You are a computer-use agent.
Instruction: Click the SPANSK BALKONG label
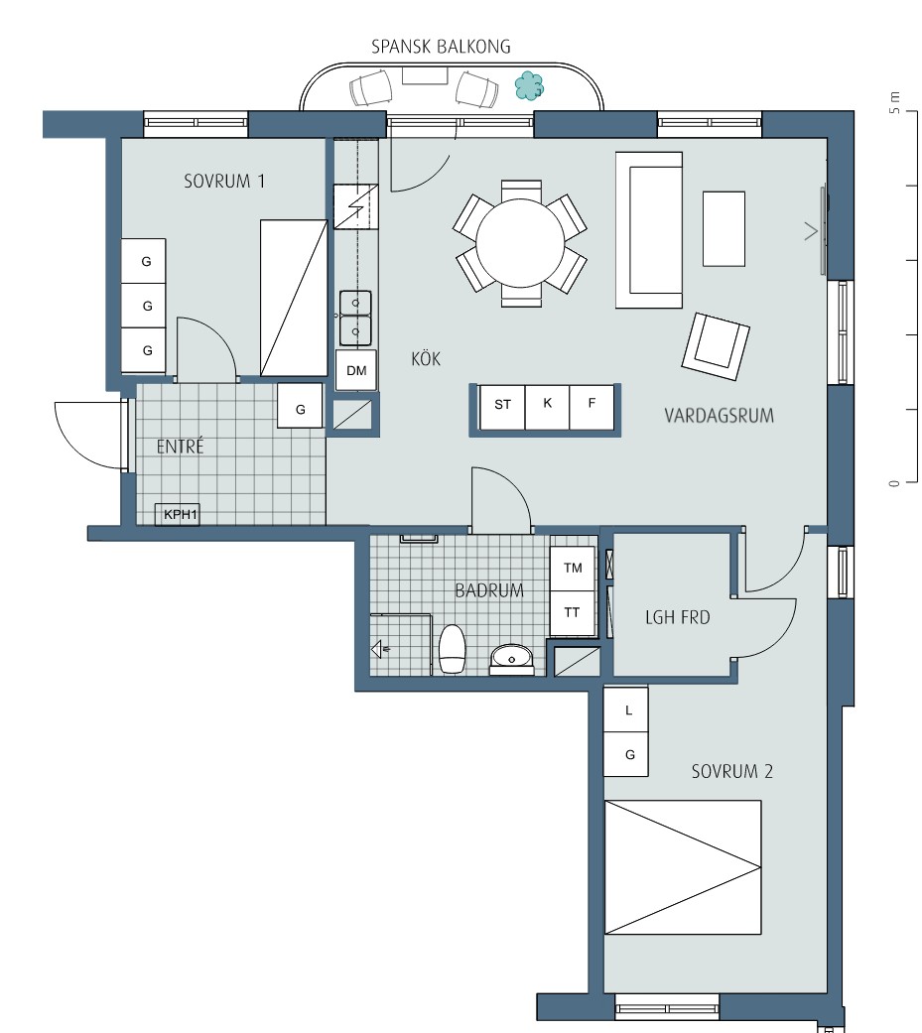click(x=441, y=46)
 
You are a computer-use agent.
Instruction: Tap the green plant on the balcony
click(x=529, y=85)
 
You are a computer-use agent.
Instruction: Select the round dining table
click(x=521, y=243)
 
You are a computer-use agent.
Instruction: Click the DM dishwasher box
click(x=356, y=370)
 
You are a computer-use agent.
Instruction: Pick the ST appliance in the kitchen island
click(x=503, y=405)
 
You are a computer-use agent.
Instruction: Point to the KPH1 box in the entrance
click(x=178, y=515)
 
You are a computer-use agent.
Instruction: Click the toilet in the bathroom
click(x=453, y=649)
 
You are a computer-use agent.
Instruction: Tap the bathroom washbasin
click(x=511, y=659)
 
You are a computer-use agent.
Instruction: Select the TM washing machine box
click(x=573, y=568)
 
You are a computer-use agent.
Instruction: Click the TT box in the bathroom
click(x=573, y=612)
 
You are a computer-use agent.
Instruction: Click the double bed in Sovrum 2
click(x=683, y=867)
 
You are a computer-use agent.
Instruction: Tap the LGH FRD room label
click(x=678, y=618)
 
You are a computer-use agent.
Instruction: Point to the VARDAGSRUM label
click(x=719, y=416)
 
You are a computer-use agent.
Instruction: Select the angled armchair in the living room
click(x=716, y=346)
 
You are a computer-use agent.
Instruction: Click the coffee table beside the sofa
click(x=724, y=228)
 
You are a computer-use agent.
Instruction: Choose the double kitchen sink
click(x=355, y=319)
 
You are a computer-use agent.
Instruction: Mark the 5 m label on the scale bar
click(x=894, y=102)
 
